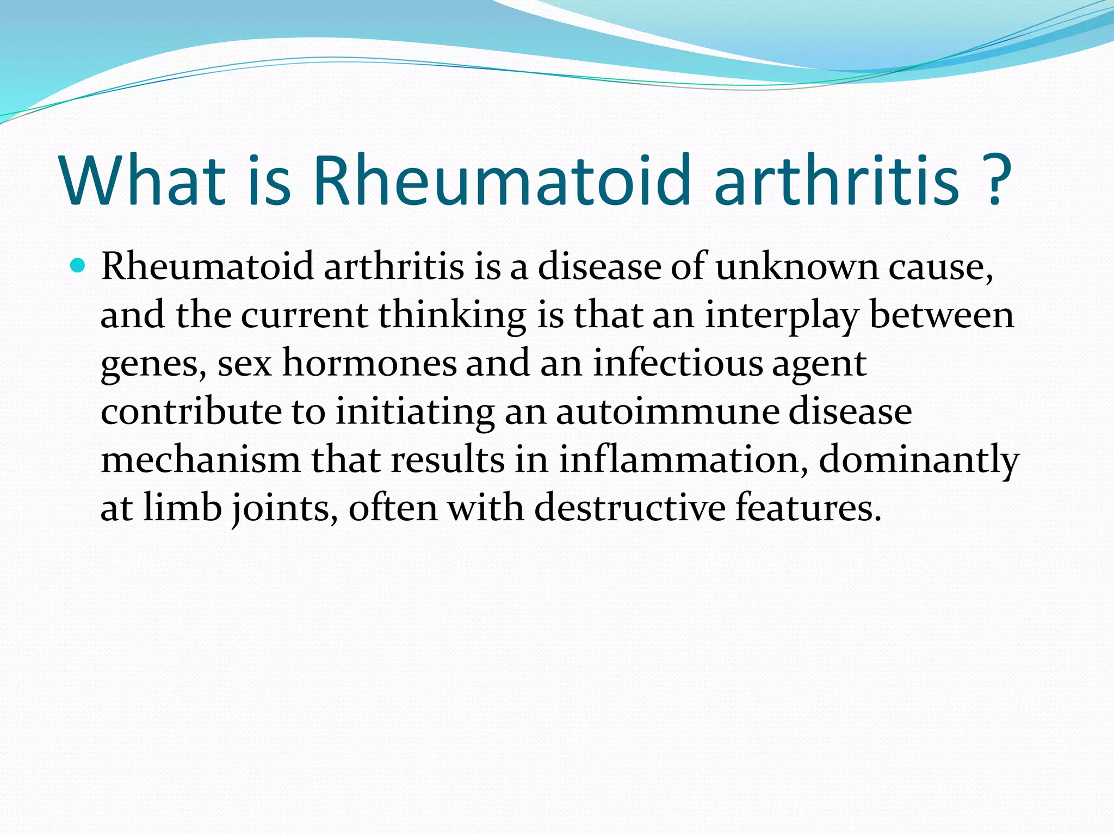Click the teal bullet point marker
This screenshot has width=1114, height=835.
pyautogui.click(x=78, y=266)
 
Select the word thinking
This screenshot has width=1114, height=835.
pyautogui.click(x=452, y=315)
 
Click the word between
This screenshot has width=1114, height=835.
pyautogui.click(x=942, y=315)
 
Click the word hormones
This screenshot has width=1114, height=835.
pyautogui.click(x=369, y=363)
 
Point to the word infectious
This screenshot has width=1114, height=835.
pyautogui.click(x=677, y=363)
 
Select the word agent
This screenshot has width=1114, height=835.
pyautogui.click(x=819, y=363)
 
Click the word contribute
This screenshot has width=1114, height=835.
pyautogui.click(x=191, y=412)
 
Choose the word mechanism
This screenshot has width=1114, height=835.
pyautogui.click(x=201, y=460)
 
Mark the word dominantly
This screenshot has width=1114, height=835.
pyautogui.click(x=918, y=460)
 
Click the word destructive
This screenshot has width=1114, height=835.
pyautogui.click(x=630, y=508)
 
